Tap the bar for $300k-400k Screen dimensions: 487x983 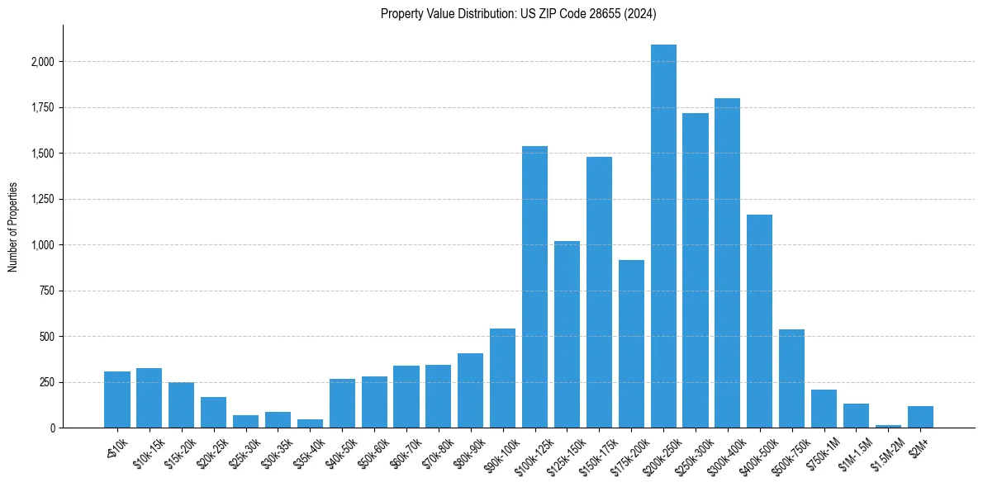[728, 263]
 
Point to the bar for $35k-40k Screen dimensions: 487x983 [310, 423]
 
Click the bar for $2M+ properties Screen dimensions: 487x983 [920, 417]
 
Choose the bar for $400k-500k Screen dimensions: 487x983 [760, 321]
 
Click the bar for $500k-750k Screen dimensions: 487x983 [791, 379]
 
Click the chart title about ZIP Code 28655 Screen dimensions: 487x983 [518, 13]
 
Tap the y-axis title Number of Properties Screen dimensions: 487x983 [13, 227]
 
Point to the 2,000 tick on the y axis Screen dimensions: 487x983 [43, 62]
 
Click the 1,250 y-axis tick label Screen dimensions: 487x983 [43, 199]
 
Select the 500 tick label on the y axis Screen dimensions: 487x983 [49, 337]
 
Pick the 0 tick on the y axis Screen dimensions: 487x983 [53, 428]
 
